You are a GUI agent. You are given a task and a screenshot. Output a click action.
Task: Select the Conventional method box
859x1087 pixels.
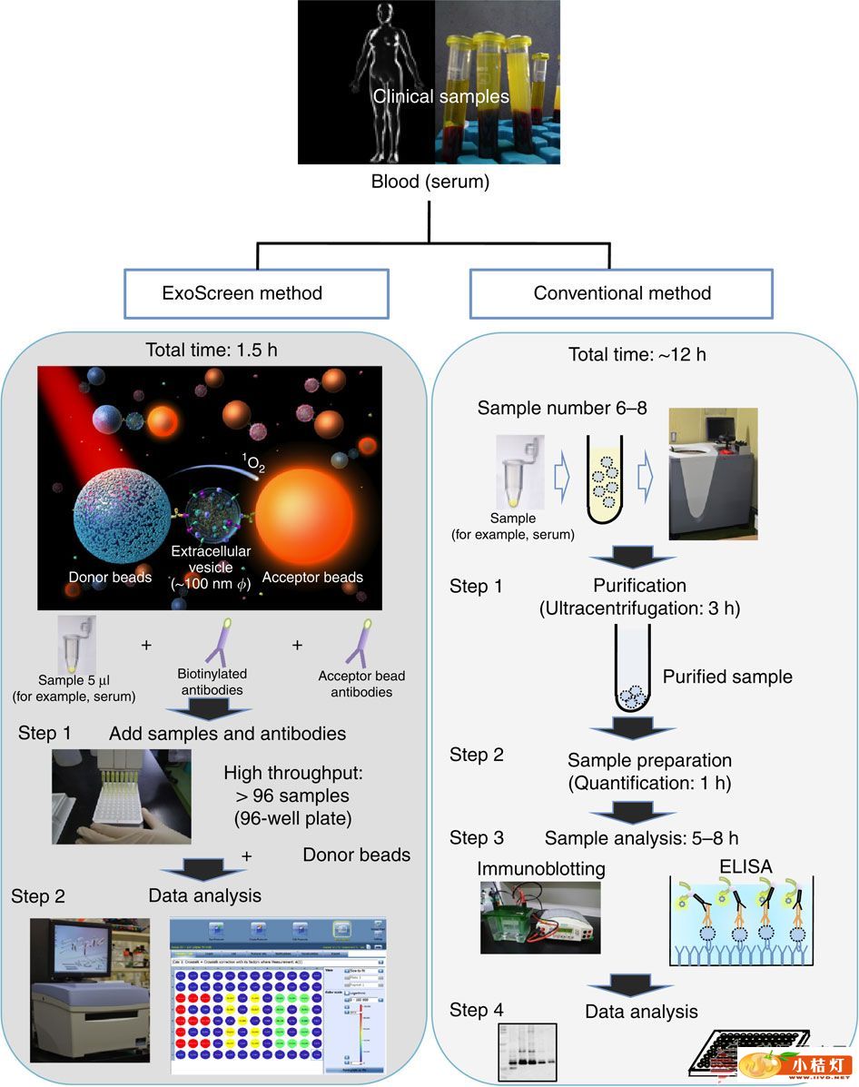click(x=622, y=292)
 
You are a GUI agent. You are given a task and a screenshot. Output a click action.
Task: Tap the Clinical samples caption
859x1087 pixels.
click(x=439, y=95)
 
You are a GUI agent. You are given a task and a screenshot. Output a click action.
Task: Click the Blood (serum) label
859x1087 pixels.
click(x=429, y=182)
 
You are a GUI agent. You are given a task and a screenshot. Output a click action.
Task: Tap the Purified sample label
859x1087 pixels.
click(x=726, y=677)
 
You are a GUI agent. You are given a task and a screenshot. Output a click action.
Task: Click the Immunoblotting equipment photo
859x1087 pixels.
click(x=539, y=923)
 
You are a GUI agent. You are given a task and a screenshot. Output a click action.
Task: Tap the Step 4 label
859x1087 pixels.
click(x=477, y=1010)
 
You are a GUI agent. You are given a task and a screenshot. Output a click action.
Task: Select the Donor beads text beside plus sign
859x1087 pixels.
click(x=356, y=855)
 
